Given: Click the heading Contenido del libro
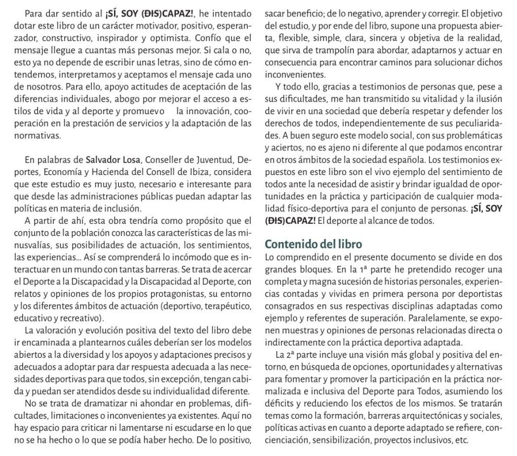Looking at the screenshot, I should click(x=313, y=245).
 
